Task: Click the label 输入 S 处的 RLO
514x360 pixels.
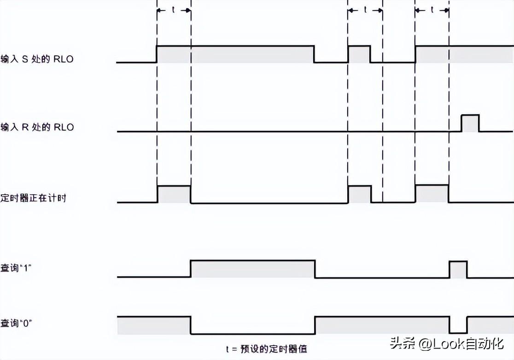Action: point(37,59)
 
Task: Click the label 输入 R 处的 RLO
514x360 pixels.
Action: point(37,127)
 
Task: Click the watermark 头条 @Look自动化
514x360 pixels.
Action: point(447,343)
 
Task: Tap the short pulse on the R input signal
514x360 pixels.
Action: point(470,123)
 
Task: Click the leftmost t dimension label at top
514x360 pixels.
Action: point(173,9)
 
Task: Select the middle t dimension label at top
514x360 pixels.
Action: point(365,9)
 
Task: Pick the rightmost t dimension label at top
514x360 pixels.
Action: point(432,9)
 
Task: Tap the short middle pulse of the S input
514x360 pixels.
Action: point(359,54)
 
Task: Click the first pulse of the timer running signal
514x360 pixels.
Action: point(174,194)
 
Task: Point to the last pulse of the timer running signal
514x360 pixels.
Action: point(432,194)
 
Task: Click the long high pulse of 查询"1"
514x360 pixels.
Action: point(252,269)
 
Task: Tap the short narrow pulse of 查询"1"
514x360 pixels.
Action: point(458,269)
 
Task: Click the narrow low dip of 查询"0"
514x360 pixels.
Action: point(458,325)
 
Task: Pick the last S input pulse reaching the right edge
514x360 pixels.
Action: point(464,54)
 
